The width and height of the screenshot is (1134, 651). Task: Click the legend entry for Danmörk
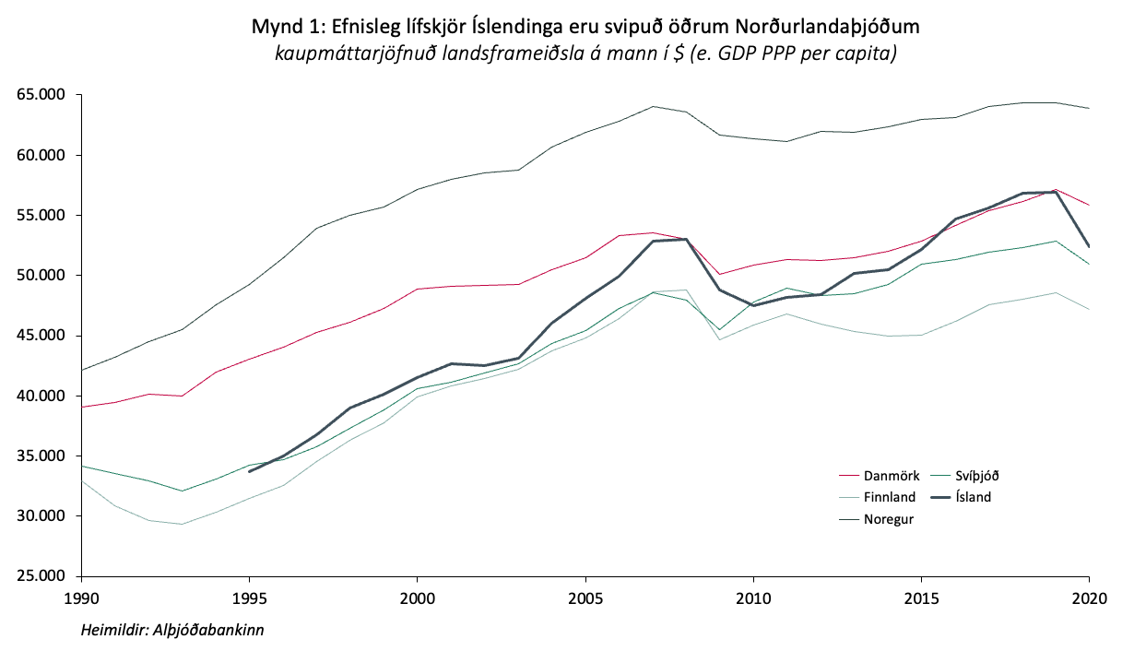point(891,476)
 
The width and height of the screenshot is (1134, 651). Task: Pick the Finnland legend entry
point(890,497)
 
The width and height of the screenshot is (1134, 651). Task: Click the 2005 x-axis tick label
point(585,598)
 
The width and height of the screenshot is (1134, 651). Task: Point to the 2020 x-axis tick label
point(1089,598)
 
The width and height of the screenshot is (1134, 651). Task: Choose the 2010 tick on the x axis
point(752,598)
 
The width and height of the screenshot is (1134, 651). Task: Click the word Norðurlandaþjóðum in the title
point(799,27)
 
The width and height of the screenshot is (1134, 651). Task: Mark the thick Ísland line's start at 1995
point(249,471)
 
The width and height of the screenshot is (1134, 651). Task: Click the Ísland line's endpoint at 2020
point(1089,246)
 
